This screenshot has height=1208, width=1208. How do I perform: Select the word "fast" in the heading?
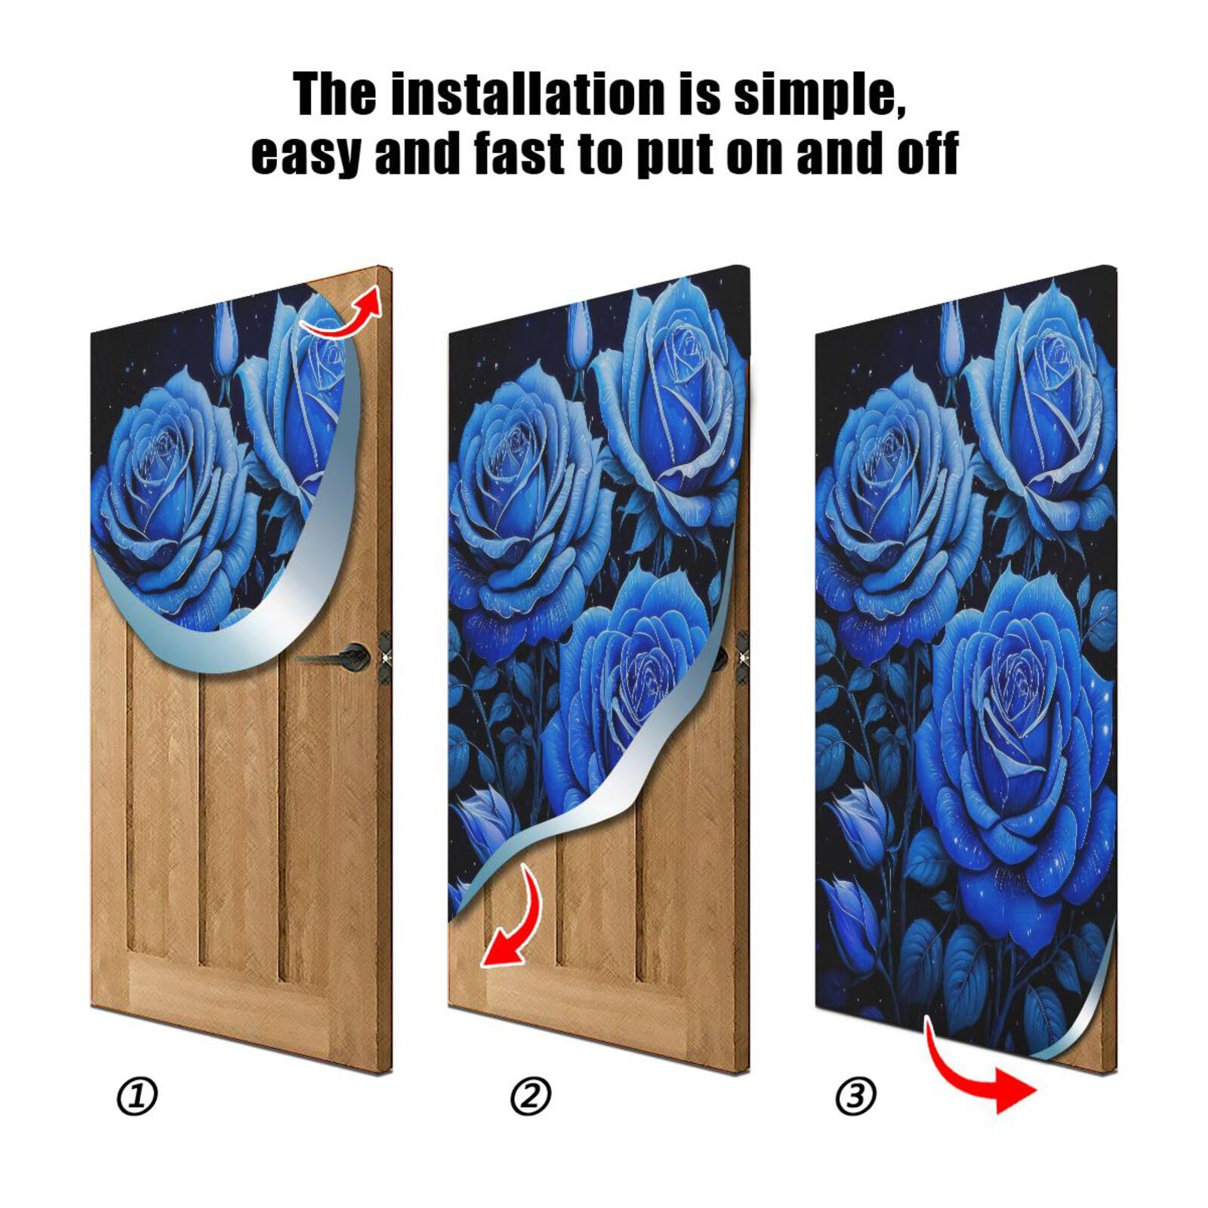(x=521, y=153)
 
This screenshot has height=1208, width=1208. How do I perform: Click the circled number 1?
(x=137, y=1096)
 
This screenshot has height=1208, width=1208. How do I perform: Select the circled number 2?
(x=531, y=1096)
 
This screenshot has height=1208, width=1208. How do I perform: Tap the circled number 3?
(x=855, y=1096)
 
